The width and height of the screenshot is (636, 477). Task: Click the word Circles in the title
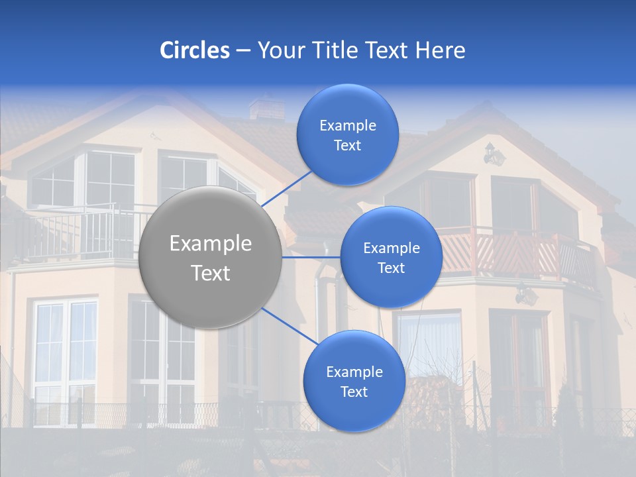point(194,50)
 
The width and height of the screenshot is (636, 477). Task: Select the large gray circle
point(210,258)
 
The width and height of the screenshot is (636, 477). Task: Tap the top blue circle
point(347,135)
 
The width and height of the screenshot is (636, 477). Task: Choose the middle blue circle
point(391,258)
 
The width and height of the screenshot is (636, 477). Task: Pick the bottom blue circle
point(354,382)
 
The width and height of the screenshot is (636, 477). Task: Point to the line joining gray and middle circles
point(311,257)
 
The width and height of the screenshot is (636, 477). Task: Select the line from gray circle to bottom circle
point(289,326)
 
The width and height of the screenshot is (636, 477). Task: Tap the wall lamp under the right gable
point(493,154)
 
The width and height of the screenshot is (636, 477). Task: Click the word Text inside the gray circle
point(210,273)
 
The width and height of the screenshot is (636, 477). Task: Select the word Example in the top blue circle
point(347,126)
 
